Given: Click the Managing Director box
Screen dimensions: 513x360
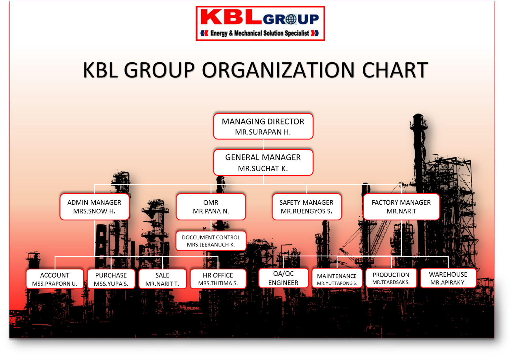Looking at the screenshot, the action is [263, 126].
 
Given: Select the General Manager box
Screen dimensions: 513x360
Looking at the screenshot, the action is [263, 162].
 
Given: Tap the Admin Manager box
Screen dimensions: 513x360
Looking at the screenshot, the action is [94, 207].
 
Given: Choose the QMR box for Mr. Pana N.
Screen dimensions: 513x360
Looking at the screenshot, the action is [211, 207].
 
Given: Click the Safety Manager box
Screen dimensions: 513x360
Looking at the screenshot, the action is [307, 207].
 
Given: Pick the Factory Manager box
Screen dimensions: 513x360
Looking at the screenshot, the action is [401, 207].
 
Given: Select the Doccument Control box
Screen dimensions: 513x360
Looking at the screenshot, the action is [211, 241].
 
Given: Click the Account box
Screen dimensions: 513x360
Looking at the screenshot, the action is [55, 279].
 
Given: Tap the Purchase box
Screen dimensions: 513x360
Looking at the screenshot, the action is [111, 279].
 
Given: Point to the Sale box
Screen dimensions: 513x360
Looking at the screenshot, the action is [162, 279].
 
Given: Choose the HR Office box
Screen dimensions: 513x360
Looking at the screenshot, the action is [218, 279].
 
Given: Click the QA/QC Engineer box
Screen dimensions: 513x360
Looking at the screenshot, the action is [283, 278].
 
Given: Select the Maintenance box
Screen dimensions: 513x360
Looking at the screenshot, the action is [337, 278].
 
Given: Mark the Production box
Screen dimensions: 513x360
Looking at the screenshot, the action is [391, 278].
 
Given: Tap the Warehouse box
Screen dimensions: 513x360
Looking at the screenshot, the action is [448, 278].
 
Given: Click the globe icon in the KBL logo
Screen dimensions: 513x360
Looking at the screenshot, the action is [291, 19].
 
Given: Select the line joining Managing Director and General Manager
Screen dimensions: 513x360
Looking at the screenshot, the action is [263, 144].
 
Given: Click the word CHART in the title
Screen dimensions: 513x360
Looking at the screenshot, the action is [395, 70].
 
